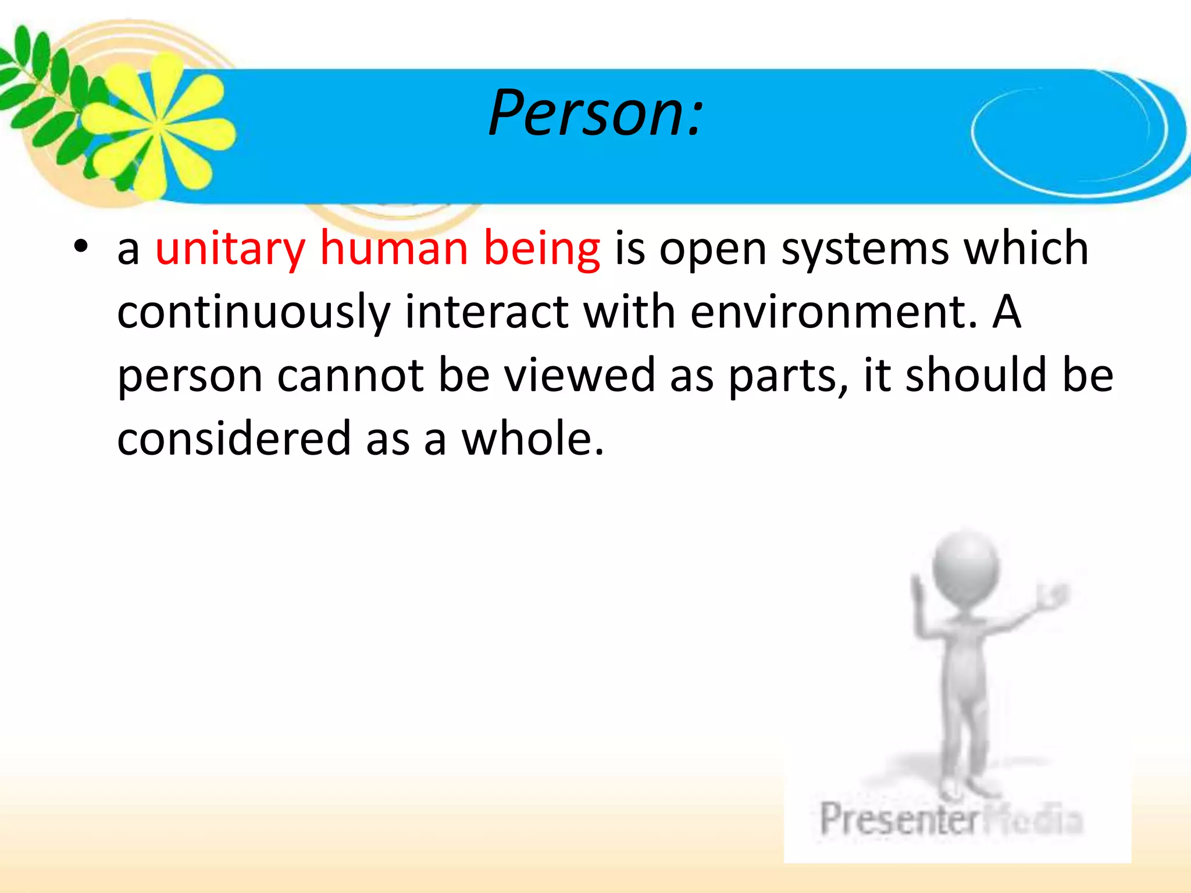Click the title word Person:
(x=595, y=113)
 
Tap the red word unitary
(x=230, y=249)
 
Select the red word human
(x=394, y=249)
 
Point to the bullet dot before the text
(x=81, y=247)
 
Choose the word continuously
(x=254, y=312)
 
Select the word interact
(x=486, y=312)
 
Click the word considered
(x=234, y=439)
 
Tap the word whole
(x=532, y=439)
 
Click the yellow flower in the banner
(x=157, y=125)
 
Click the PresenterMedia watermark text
(x=951, y=819)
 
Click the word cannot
(x=350, y=376)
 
